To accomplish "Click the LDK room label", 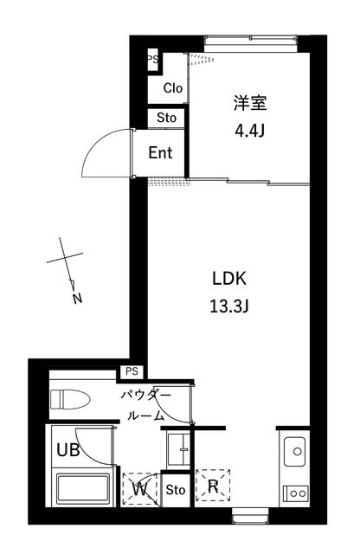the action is click(229, 279).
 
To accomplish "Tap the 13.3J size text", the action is click(229, 306).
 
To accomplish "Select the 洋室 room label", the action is click(250, 103).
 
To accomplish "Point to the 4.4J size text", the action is click(250, 131).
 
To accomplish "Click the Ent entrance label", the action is click(160, 152).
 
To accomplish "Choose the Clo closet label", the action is click(173, 88).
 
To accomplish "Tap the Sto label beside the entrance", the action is click(166, 118).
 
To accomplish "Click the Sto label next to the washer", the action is click(175, 490).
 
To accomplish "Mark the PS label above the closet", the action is click(153, 59).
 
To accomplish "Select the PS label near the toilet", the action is click(132, 371).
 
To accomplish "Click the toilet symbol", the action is click(70, 399).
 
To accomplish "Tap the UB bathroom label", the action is click(68, 450).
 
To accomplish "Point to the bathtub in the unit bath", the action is click(84, 488).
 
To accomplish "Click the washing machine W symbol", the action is click(140, 489).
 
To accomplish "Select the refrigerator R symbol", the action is click(213, 486).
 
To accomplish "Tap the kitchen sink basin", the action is click(294, 452).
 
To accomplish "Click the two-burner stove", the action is click(296, 493).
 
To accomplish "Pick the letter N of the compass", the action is click(77, 299).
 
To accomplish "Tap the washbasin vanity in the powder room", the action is click(178, 449).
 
